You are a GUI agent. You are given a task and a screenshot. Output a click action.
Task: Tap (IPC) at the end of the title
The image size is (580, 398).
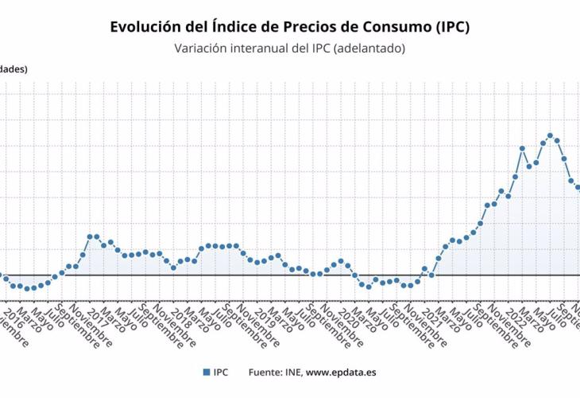452,26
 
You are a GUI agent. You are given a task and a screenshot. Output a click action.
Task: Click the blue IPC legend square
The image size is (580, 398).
205,372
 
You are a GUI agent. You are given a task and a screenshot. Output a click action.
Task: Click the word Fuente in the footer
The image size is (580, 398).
265,372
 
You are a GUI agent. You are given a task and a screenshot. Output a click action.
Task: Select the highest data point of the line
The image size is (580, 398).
550,135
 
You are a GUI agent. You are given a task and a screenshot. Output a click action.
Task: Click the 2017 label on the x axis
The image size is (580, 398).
87,313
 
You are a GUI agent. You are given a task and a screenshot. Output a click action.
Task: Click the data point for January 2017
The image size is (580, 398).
90,236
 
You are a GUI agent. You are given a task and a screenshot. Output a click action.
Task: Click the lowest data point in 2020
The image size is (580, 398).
368,287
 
